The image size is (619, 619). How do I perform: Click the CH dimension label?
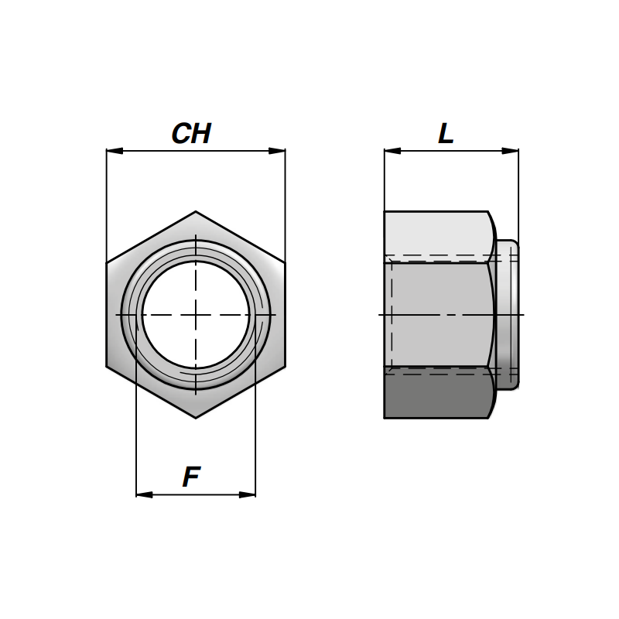tap(191, 133)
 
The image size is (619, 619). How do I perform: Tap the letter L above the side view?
tap(446, 133)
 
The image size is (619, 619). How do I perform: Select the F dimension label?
tap(191, 477)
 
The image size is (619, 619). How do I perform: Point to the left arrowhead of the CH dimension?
tap(115, 151)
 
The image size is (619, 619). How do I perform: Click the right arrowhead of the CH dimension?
tap(277, 151)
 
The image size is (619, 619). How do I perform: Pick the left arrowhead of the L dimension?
tap(392, 151)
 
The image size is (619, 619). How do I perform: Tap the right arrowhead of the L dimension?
tap(510, 151)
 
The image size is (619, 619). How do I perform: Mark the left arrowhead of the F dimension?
tap(144, 494)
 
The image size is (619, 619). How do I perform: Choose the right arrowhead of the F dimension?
tap(247, 494)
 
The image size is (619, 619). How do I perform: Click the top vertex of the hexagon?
tap(196, 211)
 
